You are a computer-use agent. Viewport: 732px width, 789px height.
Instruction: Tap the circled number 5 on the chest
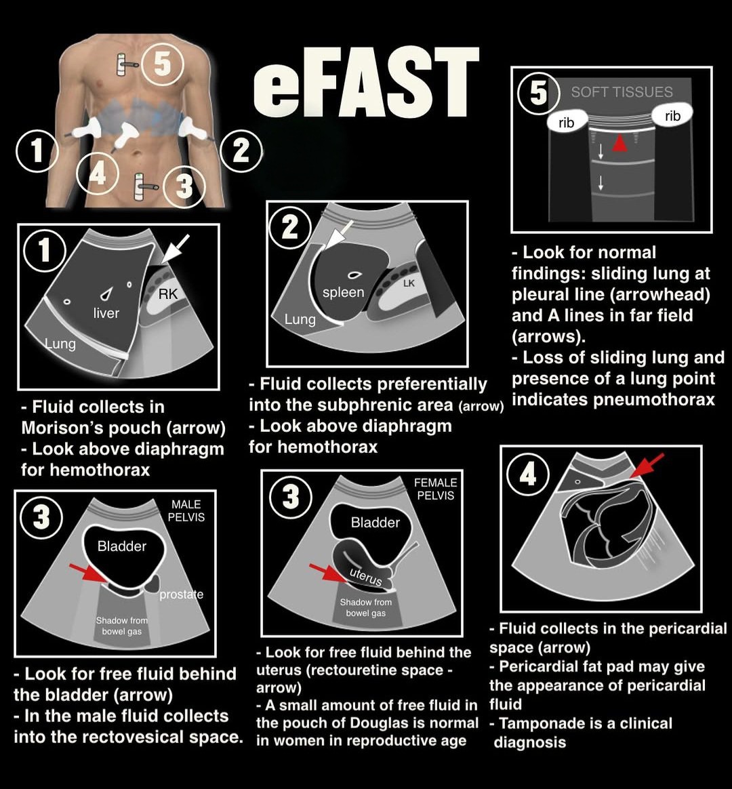[163, 64]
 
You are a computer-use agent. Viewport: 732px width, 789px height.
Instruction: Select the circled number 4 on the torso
[98, 174]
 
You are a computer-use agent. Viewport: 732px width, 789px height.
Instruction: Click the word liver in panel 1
[106, 312]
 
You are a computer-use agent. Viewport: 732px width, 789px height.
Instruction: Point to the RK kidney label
[167, 294]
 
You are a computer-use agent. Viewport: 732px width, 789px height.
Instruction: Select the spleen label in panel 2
[344, 292]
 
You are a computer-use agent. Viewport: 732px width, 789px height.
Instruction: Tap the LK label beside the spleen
[409, 283]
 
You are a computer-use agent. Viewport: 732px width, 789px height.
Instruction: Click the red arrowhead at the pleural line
[619, 144]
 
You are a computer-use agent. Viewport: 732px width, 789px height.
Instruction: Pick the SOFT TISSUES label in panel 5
[622, 92]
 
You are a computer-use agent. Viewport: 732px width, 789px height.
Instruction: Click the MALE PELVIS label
[186, 510]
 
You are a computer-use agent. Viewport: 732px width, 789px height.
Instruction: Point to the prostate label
[181, 594]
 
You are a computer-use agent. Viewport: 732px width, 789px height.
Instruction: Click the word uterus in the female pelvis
[366, 577]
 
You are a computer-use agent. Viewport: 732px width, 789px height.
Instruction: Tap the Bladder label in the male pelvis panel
[122, 546]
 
